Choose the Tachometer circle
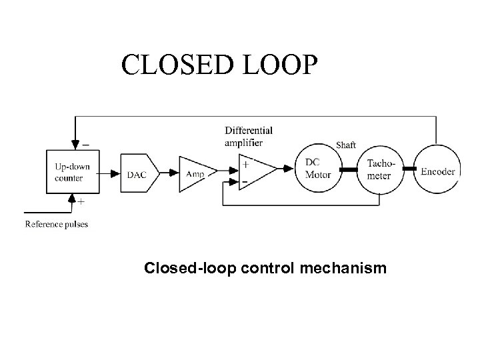point(379,171)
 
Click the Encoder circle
point(437,171)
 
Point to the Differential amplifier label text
point(248,136)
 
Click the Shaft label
point(347,145)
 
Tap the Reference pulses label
point(57,224)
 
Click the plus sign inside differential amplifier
point(247,163)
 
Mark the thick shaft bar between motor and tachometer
point(349,171)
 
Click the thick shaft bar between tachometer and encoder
point(408,171)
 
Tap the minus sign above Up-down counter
point(85,143)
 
